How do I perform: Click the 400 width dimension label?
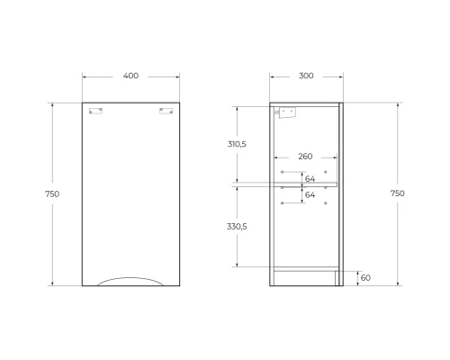point(130,76)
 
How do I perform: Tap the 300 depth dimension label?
point(306,76)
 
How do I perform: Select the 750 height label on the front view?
point(52,194)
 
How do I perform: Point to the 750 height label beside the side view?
point(398,193)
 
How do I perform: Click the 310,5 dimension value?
point(237,144)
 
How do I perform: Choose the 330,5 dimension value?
point(237,227)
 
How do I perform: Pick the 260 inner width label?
point(305,157)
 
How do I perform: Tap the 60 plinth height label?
point(365,278)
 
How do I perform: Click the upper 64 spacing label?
point(310,179)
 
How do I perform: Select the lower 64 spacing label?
point(310,194)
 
